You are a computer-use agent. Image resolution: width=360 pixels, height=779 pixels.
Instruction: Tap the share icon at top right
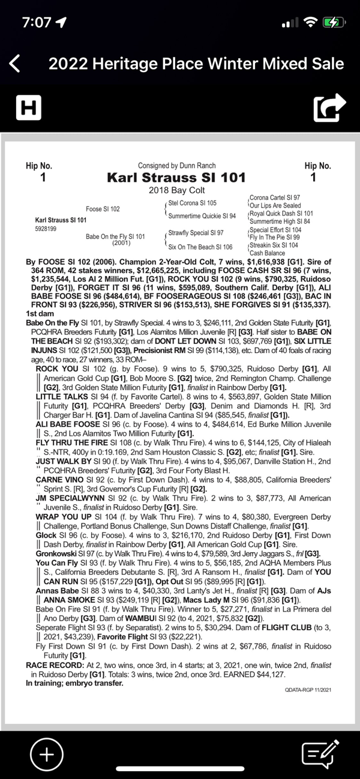tap(329, 107)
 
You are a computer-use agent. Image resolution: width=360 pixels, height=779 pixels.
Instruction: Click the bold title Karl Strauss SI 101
tap(176, 177)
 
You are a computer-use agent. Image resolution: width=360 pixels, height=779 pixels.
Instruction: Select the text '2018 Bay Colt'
tap(177, 190)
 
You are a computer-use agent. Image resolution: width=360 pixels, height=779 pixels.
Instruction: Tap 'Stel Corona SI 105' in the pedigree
tap(192, 203)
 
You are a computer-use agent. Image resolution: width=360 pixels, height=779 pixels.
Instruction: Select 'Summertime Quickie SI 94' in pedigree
tap(202, 216)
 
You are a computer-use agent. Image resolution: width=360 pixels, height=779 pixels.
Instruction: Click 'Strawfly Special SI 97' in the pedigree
tap(196, 233)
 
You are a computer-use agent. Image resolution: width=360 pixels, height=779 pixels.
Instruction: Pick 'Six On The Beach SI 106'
tap(200, 247)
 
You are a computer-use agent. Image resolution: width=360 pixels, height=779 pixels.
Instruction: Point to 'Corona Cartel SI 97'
tap(275, 197)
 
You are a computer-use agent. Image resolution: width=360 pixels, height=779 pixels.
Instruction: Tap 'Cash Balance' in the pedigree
tap(268, 253)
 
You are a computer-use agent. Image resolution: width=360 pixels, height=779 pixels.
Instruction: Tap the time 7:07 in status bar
tap(37, 22)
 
